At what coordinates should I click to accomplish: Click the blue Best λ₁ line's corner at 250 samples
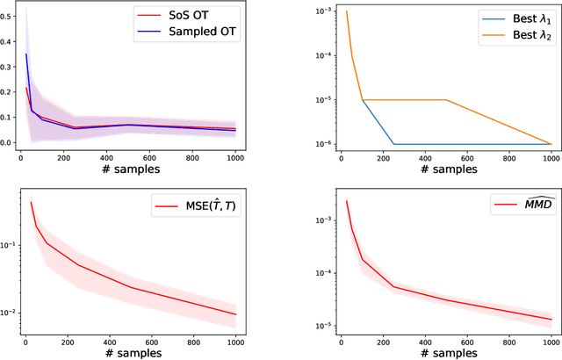393,143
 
